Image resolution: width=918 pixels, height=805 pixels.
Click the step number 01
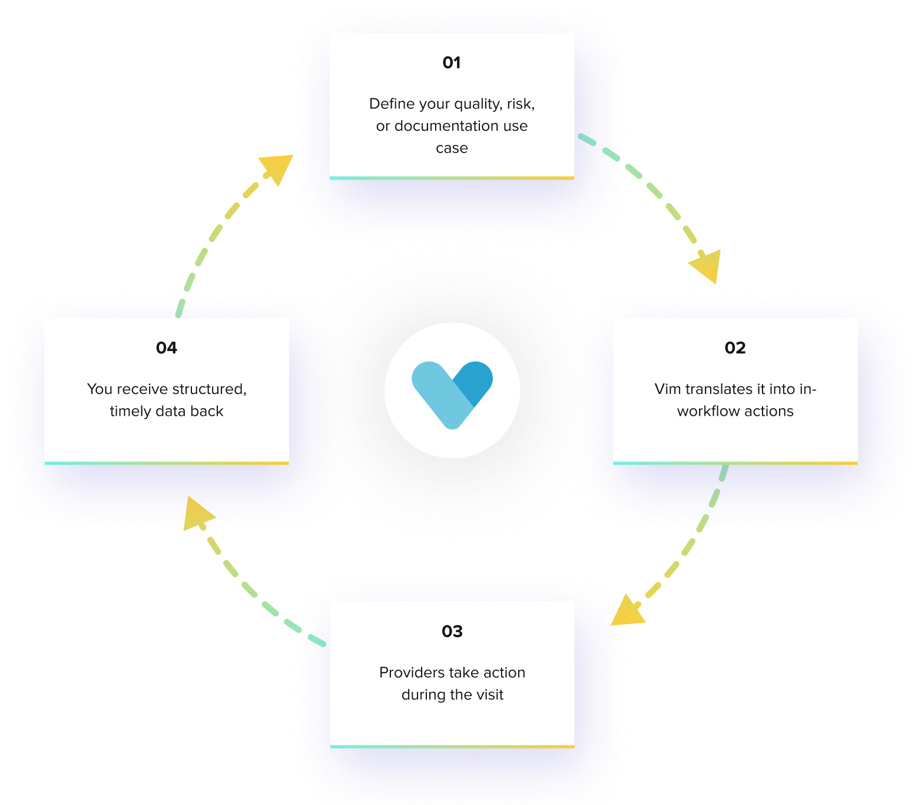[x=452, y=62]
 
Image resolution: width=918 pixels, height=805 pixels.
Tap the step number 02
[x=735, y=348]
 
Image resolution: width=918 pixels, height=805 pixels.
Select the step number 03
[x=452, y=632]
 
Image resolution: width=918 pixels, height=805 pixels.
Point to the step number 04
[x=167, y=348]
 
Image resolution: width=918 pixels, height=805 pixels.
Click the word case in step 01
[x=452, y=148]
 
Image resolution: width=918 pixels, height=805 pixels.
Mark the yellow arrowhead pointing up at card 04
[x=197, y=512]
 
